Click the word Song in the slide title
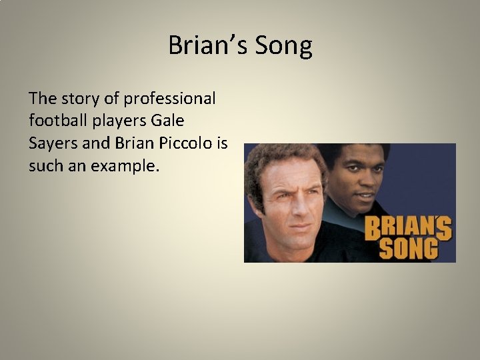click(x=286, y=46)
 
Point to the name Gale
click(x=169, y=121)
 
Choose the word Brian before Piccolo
click(x=133, y=143)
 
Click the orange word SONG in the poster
click(x=409, y=247)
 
